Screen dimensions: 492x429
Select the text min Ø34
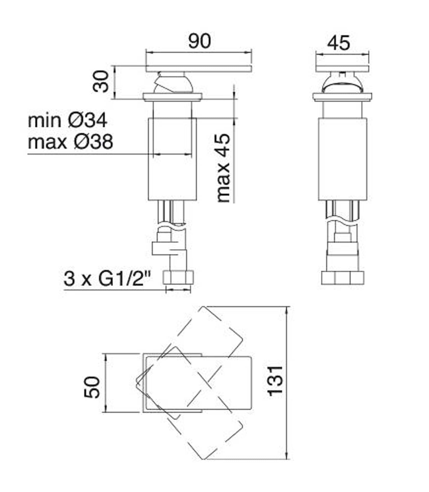pyautogui.click(x=67, y=121)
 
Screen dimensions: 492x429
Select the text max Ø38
pyautogui.click(x=70, y=142)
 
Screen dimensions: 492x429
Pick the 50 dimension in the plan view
pyautogui.click(x=92, y=387)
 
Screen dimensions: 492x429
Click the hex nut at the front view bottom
pyautogui.click(x=178, y=278)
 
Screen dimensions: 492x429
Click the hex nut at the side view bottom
pyautogui.click(x=343, y=278)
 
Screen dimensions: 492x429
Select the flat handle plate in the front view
pyautogui.click(x=199, y=69)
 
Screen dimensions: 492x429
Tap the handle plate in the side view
pyautogui.click(x=342, y=69)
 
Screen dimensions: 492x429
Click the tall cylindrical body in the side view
pyautogui.click(x=342, y=159)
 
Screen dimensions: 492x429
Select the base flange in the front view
pyautogui.click(x=172, y=97)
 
